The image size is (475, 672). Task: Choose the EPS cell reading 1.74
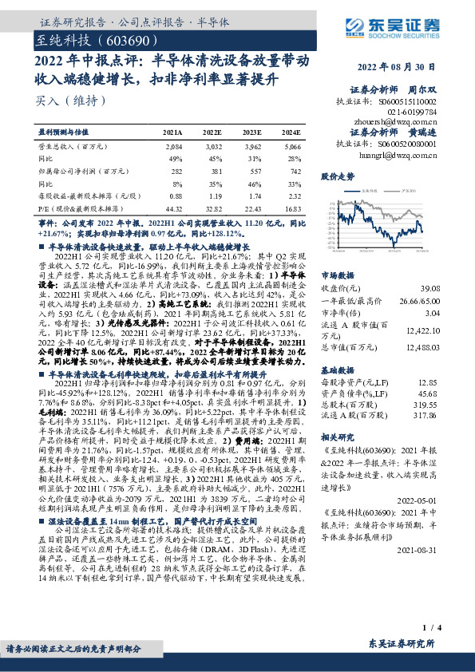coord(254,195)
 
